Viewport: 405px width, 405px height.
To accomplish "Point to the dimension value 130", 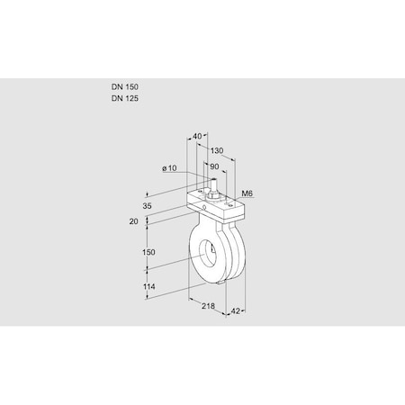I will point(217,151).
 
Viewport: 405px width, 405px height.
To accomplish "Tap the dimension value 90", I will point(212,166).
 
